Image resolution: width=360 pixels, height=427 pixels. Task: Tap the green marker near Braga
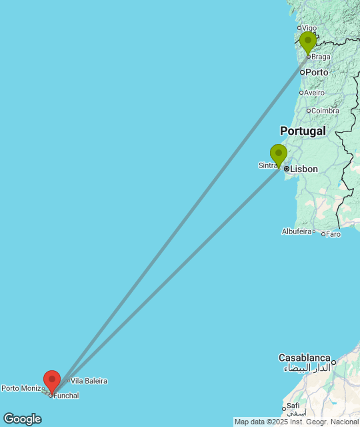307,42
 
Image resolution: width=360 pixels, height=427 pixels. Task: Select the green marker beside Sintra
279,155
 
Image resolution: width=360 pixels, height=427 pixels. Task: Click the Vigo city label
309,28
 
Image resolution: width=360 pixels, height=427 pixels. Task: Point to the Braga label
321,57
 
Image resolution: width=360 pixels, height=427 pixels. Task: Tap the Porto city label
317,72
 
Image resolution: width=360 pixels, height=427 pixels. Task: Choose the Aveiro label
315,93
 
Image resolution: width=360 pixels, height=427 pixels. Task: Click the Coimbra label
325,111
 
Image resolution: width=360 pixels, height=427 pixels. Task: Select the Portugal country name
303,131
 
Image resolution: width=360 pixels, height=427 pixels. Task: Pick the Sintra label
267,165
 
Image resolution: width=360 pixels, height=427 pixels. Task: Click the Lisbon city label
303,169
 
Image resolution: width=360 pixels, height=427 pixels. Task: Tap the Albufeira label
297,232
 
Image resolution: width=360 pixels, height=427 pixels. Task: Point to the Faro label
333,234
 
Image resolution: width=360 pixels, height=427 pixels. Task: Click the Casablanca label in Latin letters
305,358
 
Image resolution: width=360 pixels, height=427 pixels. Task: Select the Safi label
293,406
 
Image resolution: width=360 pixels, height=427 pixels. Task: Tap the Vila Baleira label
89,381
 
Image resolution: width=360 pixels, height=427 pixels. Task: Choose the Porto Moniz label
21,388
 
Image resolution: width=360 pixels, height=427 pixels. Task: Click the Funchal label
66,396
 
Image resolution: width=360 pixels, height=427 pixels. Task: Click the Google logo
22,419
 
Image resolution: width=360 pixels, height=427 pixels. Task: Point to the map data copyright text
296,422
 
